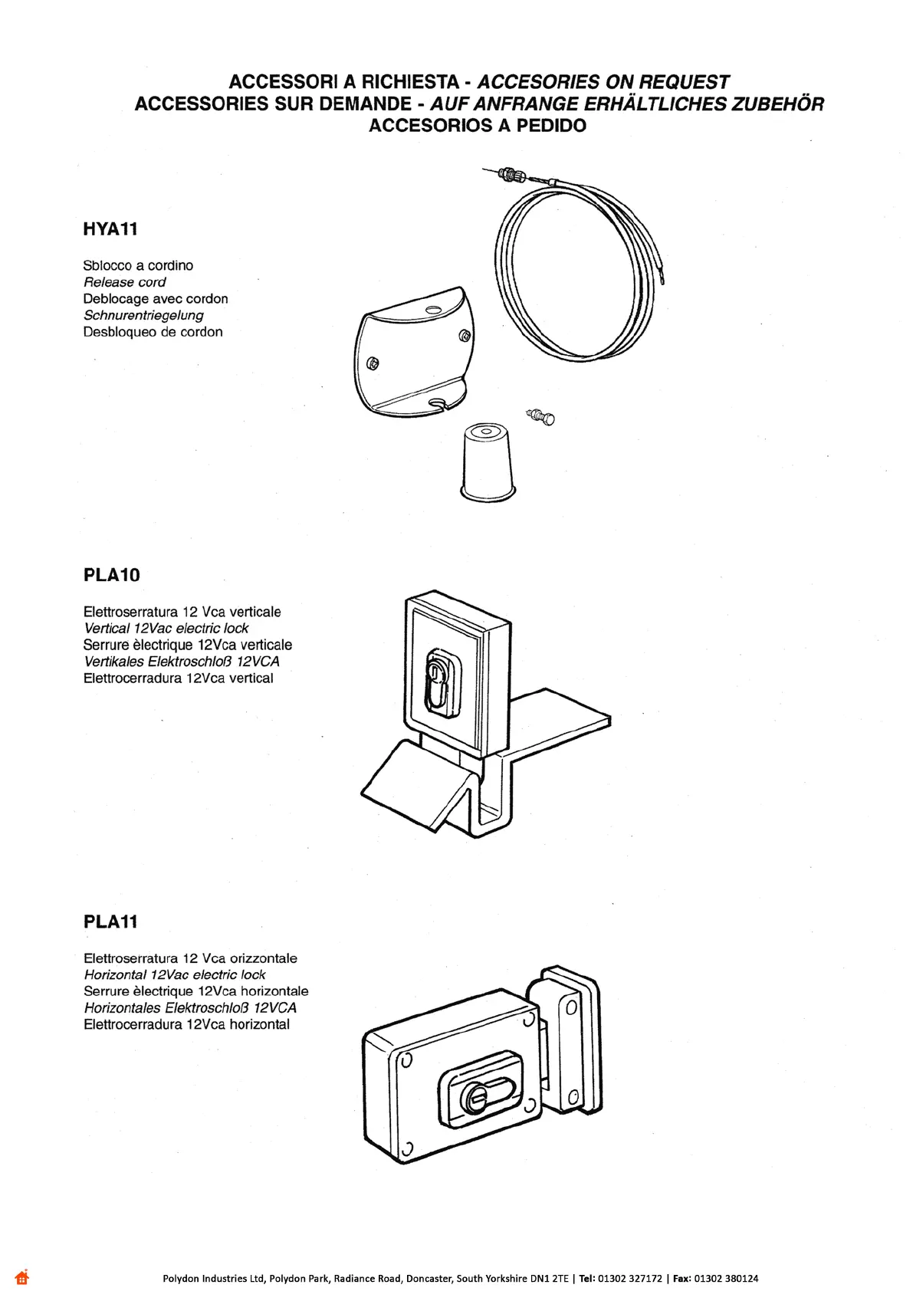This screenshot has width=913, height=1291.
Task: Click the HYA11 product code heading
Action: tap(110, 228)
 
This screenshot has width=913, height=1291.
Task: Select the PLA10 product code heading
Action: tap(112, 575)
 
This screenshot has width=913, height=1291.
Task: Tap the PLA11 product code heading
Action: tap(111, 921)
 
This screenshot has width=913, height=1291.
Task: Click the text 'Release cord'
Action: tap(124, 282)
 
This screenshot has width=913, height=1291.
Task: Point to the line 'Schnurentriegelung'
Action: tap(143, 315)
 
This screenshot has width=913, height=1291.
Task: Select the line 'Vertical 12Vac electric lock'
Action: tap(166, 629)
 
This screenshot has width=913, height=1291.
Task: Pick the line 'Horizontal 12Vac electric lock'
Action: tap(175, 975)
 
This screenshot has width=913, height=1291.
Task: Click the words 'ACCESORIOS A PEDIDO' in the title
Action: tap(478, 126)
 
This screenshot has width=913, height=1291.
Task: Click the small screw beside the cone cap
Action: tap(542, 417)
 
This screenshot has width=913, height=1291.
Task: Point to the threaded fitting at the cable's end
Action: tap(509, 174)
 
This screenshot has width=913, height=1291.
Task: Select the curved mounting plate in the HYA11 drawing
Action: tap(415, 353)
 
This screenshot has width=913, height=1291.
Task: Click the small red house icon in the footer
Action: tap(21, 1277)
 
